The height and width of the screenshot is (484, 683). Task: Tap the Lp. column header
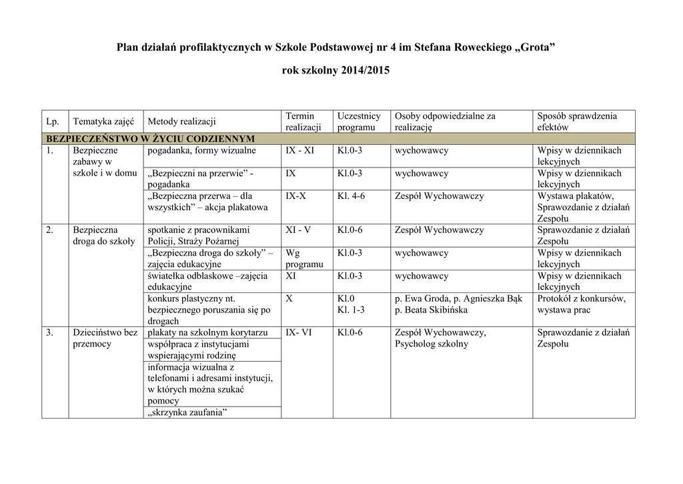[x=53, y=122]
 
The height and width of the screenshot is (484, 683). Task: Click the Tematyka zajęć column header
[x=103, y=122]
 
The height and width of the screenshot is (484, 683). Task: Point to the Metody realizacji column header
[x=181, y=122]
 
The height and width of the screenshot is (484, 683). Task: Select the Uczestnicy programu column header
[x=359, y=122]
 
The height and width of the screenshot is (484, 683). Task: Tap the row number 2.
[x=49, y=230]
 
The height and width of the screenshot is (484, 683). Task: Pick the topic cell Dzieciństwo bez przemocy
[x=105, y=338]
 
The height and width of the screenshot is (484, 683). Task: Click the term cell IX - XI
[x=299, y=151]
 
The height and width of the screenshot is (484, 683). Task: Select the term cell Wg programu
[x=303, y=258]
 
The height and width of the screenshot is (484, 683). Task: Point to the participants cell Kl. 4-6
[x=351, y=196]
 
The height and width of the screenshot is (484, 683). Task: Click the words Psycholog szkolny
[x=432, y=344]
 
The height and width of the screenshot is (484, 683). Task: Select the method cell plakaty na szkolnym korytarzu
[x=207, y=332]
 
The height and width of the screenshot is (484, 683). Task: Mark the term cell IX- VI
[x=298, y=332]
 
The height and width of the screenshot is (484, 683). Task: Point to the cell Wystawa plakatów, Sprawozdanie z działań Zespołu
[x=583, y=207]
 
